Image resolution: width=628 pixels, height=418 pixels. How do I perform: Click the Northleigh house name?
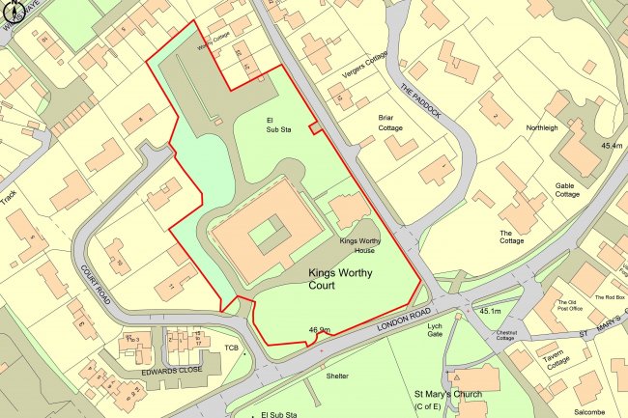tap(542, 127)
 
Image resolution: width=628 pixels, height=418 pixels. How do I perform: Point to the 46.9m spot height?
tap(320, 330)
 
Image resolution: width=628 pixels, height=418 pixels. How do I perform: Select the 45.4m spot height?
tap(612, 145)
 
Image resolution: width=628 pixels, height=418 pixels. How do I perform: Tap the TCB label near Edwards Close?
tap(231, 348)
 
